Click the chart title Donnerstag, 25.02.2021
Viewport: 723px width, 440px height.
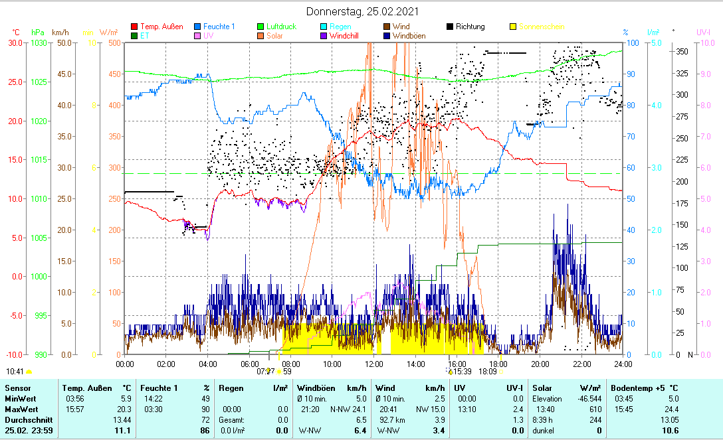point(362,11)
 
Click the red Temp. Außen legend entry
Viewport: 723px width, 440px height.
point(161,27)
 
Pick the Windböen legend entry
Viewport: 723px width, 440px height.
point(409,36)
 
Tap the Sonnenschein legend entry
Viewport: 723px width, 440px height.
point(542,27)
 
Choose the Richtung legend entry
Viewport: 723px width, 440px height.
point(470,27)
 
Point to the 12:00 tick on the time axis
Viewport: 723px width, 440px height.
point(374,364)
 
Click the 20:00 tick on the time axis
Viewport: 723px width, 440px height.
point(540,364)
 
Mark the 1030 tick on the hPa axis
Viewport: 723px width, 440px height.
point(39,42)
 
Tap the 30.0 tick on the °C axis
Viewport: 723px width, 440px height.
point(15,42)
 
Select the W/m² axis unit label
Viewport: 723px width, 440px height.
point(109,32)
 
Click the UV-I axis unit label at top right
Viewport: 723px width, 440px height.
point(704,32)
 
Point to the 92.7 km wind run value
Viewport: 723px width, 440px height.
point(388,419)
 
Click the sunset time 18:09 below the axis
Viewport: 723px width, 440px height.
point(488,371)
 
